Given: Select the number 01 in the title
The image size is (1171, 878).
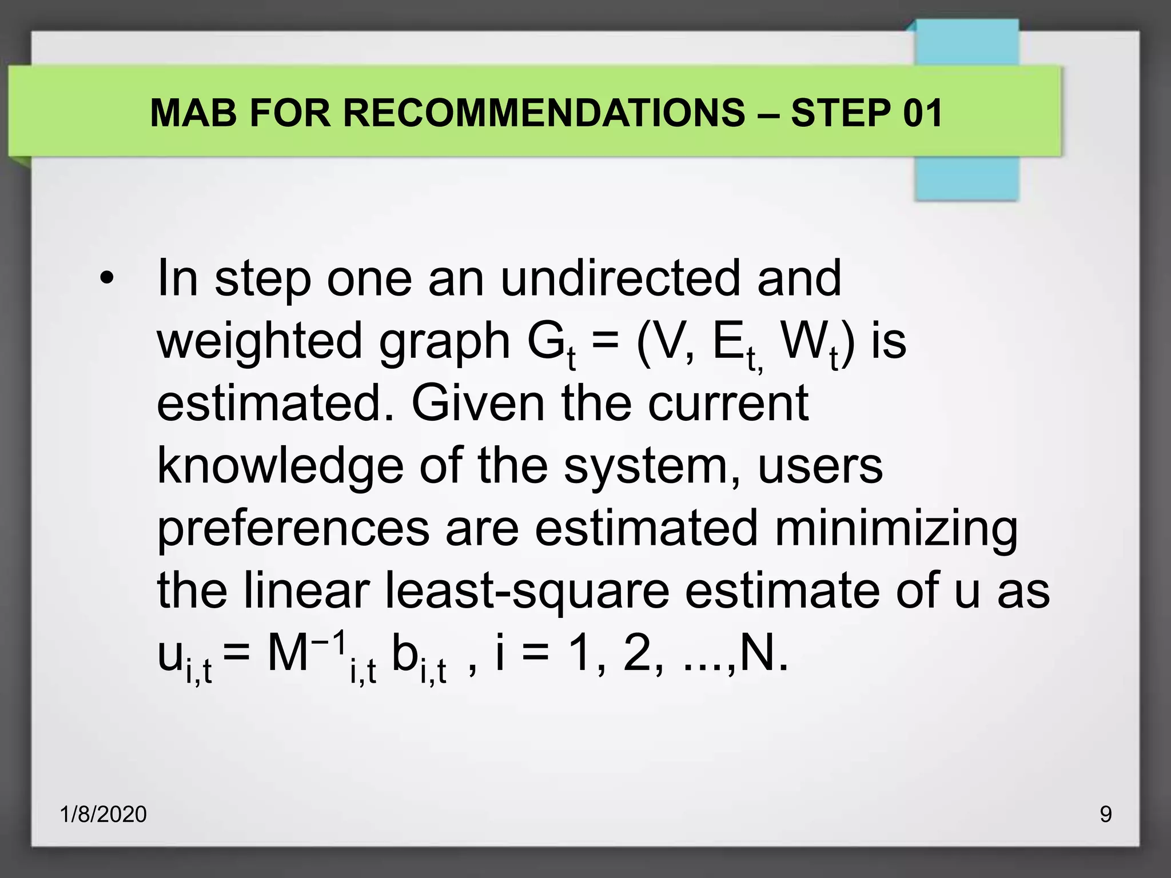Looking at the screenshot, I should click(x=922, y=113).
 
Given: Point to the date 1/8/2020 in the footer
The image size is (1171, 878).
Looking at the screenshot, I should click(x=103, y=815).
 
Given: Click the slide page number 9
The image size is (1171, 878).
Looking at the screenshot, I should click(x=1106, y=815).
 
